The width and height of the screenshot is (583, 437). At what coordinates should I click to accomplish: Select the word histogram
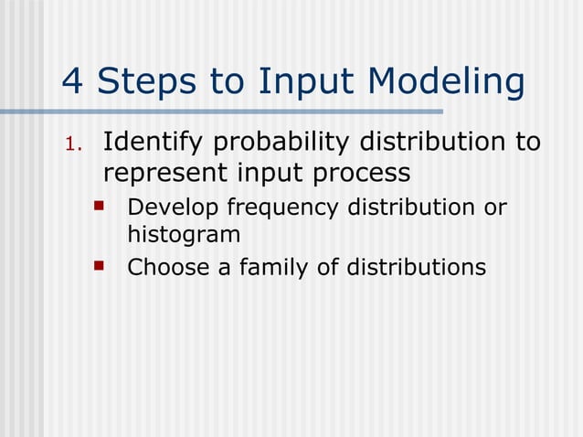tap(184, 234)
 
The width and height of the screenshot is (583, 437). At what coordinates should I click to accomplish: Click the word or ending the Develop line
tap(494, 208)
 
